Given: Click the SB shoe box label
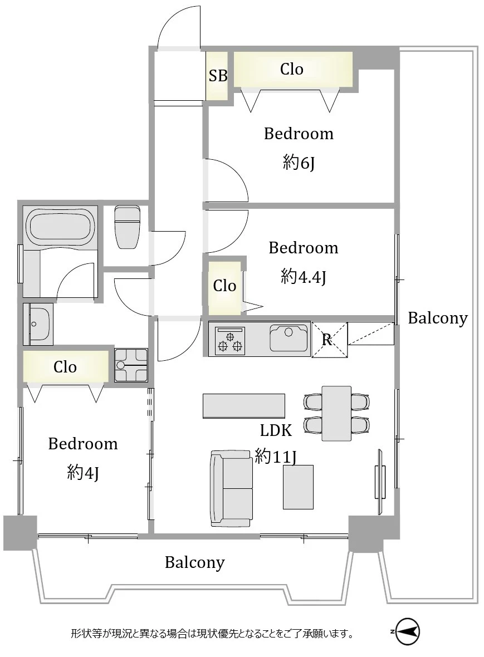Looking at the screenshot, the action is (x=218, y=75).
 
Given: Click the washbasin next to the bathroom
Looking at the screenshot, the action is (x=38, y=324).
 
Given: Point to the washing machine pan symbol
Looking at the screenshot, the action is (x=131, y=365).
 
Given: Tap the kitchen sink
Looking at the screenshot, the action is (x=289, y=338).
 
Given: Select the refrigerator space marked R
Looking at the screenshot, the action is (x=329, y=340).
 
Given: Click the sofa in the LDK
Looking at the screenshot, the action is (x=232, y=488).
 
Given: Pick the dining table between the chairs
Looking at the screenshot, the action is (x=336, y=413).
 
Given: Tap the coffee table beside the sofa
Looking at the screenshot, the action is (x=298, y=487).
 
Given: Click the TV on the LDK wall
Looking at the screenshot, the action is (x=380, y=482).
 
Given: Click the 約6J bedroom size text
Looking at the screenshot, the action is (x=299, y=162).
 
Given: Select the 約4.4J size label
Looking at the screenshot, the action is (x=303, y=277).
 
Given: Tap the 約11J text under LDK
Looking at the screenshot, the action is (x=275, y=456).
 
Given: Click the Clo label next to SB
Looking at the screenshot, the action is (x=291, y=69).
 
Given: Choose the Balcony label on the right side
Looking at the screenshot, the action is (x=437, y=318).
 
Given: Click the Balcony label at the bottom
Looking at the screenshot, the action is (x=195, y=562).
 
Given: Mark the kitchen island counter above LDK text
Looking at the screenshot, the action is (x=244, y=405).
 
